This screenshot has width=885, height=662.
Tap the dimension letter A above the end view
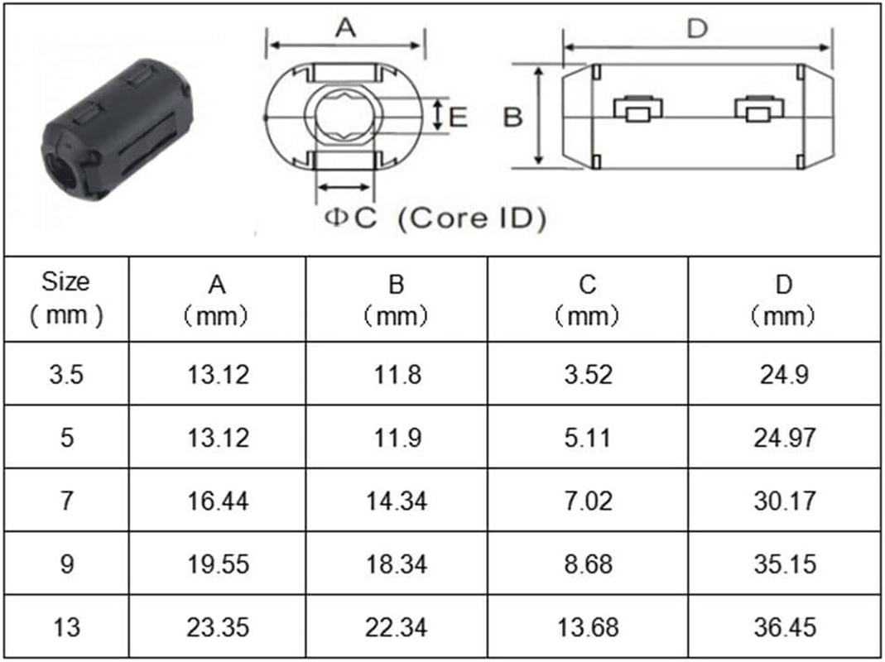tap(346, 28)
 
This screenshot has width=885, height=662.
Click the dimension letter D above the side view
tap(698, 28)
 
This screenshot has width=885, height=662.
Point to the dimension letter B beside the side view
tap(513, 118)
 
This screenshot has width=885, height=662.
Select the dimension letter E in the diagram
tap(458, 118)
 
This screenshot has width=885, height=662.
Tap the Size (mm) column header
tap(66, 298)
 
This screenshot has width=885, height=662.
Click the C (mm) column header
tap(587, 299)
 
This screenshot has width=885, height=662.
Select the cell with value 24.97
tap(784, 437)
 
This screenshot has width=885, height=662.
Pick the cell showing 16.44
tap(217, 501)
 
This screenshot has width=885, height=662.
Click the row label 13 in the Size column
tap(66, 626)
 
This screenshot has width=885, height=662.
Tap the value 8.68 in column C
tap(587, 564)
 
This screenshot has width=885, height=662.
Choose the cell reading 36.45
tap(784, 626)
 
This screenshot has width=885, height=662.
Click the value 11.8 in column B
tap(397, 374)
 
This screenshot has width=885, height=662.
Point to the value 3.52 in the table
tap(587, 374)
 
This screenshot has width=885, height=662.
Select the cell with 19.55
tap(217, 564)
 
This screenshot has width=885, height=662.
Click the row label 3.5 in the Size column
tap(66, 374)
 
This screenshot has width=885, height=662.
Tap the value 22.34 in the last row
tap(397, 626)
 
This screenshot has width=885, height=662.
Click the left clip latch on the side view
tap(637, 110)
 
